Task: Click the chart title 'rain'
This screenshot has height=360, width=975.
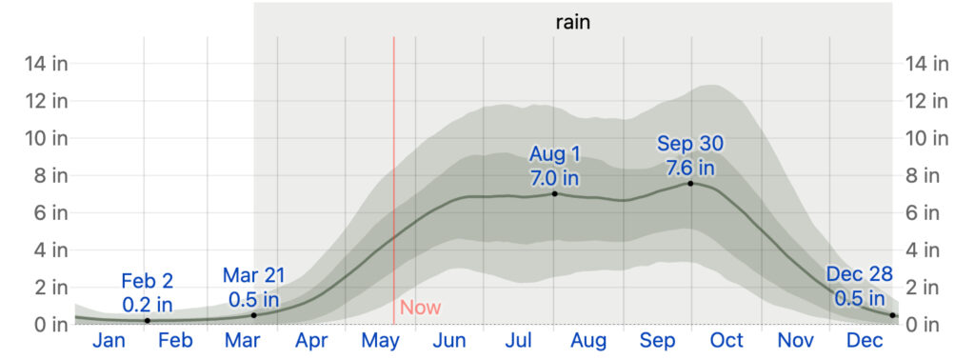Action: (x=573, y=21)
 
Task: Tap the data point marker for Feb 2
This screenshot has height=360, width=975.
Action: (x=147, y=321)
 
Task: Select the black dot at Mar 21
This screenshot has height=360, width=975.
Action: (x=253, y=315)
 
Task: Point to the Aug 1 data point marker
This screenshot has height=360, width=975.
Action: (x=554, y=193)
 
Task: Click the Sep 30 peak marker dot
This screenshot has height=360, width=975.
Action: (x=690, y=183)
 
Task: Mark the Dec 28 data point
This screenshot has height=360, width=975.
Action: (x=893, y=315)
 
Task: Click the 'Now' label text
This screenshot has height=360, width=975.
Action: (x=420, y=308)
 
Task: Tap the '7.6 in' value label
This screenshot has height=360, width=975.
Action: (x=690, y=168)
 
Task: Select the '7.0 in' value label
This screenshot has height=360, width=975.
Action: (x=554, y=177)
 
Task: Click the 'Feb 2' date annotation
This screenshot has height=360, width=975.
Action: (x=148, y=281)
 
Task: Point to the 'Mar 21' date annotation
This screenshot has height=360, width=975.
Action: (x=253, y=276)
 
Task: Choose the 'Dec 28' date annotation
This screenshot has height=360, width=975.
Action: (x=860, y=275)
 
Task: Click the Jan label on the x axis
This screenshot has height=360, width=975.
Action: (x=109, y=341)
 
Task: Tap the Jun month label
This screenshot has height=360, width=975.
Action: (x=448, y=341)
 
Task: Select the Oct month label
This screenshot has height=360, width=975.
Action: (x=726, y=341)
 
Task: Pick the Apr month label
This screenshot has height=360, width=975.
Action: (x=311, y=341)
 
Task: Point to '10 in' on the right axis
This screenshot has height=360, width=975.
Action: (x=927, y=138)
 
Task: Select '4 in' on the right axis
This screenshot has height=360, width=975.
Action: (x=924, y=250)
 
